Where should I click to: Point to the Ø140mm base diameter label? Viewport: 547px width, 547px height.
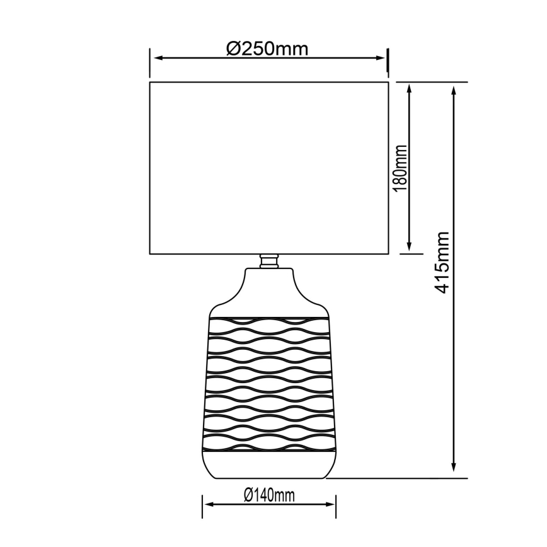coord(268,496)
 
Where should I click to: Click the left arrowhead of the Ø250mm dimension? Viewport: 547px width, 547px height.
coord(158,58)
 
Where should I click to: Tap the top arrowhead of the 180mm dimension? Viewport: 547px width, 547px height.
coord(410,90)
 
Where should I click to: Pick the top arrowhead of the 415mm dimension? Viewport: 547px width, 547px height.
coord(454,90)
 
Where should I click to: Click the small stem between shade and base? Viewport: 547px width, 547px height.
coord(269,260)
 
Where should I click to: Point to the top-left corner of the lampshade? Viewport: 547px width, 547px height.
coord(149,82)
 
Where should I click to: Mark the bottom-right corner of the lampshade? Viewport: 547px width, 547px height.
coord(388,255)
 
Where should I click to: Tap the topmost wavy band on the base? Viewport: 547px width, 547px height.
coord(269,326)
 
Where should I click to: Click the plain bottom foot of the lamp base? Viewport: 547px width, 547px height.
coord(269,467)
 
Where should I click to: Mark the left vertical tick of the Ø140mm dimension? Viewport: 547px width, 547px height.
coord(202,504)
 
